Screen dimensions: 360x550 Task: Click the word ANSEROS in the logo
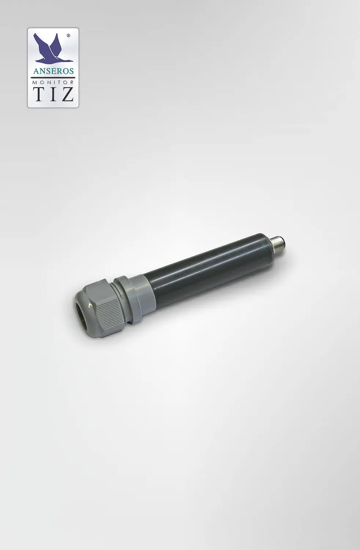[x=53, y=71]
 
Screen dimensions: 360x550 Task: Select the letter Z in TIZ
[x=67, y=93]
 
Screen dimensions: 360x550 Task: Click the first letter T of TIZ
[x=40, y=93]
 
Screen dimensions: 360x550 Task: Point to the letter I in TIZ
[x=54, y=93]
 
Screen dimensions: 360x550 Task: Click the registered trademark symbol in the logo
[x=68, y=36]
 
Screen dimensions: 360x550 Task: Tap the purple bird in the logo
[x=52, y=48]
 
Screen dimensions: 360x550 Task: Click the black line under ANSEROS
[x=53, y=77]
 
